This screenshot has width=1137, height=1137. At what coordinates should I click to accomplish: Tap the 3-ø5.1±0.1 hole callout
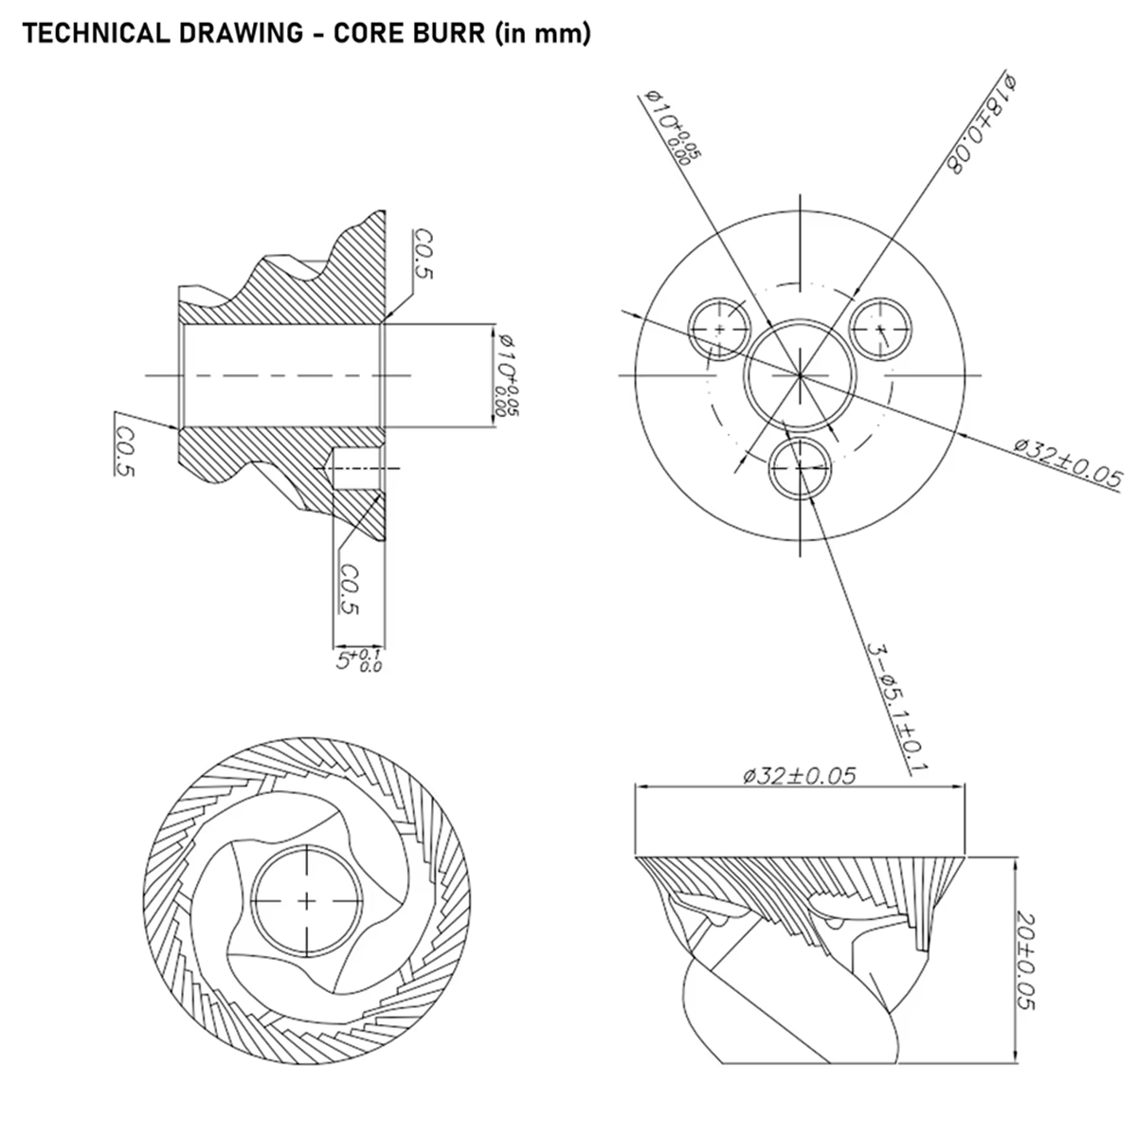(897, 708)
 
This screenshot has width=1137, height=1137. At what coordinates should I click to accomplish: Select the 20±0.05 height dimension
(1026, 962)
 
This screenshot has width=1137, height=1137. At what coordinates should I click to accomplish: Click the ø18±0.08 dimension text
(982, 124)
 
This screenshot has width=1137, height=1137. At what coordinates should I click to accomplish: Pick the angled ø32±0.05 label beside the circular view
(1068, 463)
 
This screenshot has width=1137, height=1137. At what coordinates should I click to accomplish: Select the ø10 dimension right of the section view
(508, 375)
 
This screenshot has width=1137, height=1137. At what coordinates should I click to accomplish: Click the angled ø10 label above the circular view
(673, 127)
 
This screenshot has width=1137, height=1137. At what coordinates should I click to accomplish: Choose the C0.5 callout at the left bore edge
(125, 451)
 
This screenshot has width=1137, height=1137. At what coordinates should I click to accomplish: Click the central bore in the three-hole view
(800, 321)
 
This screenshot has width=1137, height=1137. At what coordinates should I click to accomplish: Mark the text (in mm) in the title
(543, 33)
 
